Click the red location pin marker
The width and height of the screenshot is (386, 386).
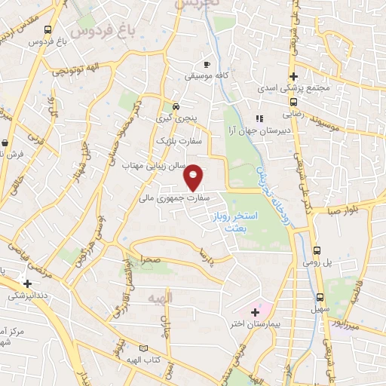pyautogui.click(x=194, y=177)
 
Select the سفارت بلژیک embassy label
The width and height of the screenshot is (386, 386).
pyautogui.click(x=174, y=140)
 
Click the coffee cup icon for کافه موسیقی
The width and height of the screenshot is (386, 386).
pyautogui.click(x=208, y=65)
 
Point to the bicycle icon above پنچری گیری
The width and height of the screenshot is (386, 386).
pyautogui.click(x=175, y=106)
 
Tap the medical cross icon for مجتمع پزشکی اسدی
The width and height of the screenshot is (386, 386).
pyautogui.click(x=293, y=77)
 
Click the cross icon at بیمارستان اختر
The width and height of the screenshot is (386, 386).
pyautogui.click(x=255, y=311)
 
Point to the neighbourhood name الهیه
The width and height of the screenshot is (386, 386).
pyautogui.click(x=161, y=299)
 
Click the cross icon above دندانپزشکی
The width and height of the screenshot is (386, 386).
pyautogui.click(x=28, y=284)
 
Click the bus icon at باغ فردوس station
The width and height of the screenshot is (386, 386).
pyautogui.click(x=48, y=30)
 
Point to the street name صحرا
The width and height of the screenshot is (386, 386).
pyautogui.click(x=147, y=259)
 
